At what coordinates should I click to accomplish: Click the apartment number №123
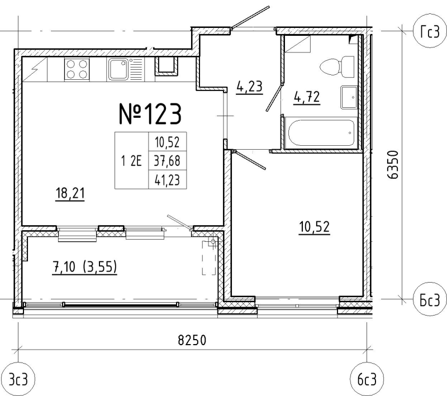(150, 114)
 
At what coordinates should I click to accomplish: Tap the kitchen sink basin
(118, 69)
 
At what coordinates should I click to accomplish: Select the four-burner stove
(77, 70)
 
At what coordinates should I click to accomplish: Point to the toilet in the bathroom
(337, 66)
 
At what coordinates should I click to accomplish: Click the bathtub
(321, 133)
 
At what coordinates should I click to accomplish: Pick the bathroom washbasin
(349, 97)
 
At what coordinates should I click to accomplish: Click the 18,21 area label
(70, 193)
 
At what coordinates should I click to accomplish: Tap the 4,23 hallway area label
(249, 87)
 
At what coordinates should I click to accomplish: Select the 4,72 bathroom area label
(307, 97)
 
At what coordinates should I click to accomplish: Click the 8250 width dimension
(192, 340)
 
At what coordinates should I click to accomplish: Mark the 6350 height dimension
(393, 165)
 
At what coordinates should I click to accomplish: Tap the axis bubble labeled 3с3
(18, 379)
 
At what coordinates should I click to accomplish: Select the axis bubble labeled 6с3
(367, 379)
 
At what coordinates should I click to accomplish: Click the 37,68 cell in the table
(167, 161)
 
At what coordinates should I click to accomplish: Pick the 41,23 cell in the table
(167, 180)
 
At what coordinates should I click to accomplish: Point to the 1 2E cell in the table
(132, 161)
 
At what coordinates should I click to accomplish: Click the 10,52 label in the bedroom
(315, 227)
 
